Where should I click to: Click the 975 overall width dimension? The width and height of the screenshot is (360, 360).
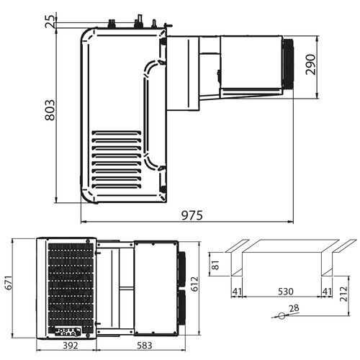[x=191, y=215]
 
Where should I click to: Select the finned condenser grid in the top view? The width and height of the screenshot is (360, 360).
[x=70, y=284]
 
